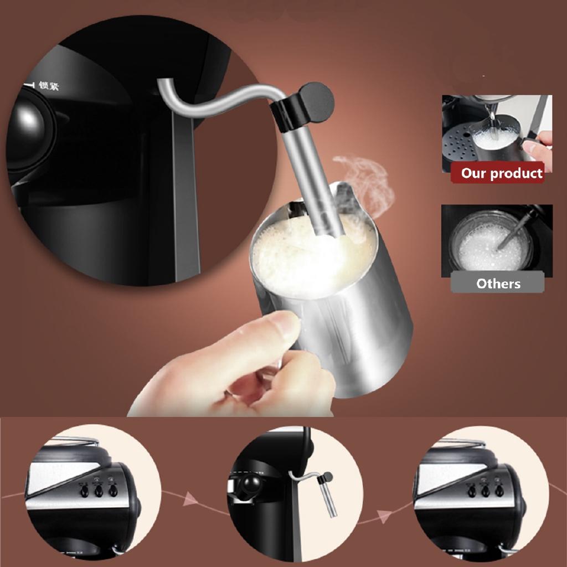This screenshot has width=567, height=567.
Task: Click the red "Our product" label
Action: [x=502, y=173]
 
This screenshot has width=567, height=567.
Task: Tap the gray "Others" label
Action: [x=498, y=283]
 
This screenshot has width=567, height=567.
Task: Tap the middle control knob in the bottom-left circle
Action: [x=99, y=491]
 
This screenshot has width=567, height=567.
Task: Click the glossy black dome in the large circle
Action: [x=30, y=130]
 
